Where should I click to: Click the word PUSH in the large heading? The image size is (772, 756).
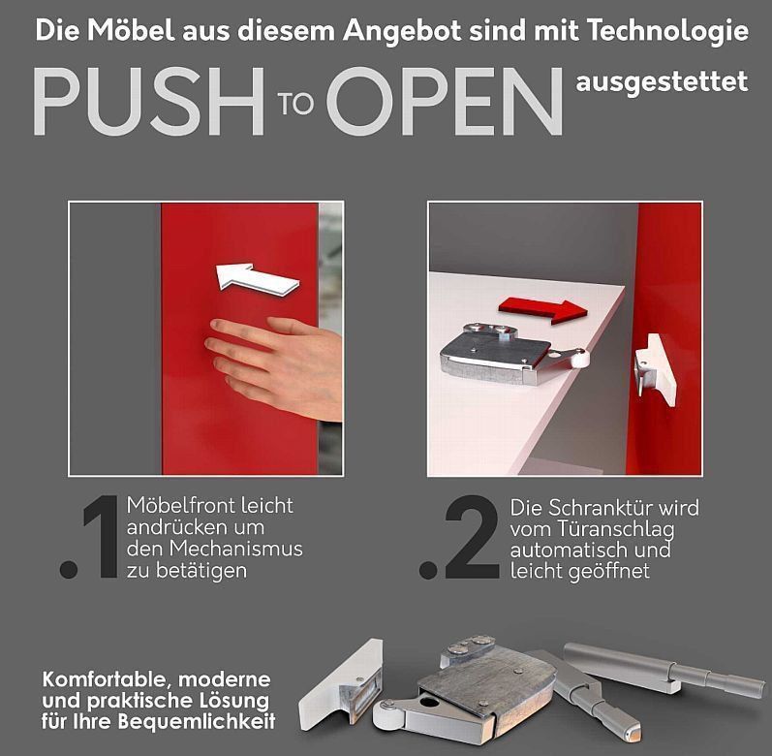tap(149, 102)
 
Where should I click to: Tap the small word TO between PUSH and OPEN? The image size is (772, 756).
tap(295, 104)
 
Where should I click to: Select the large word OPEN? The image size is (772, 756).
tap(444, 102)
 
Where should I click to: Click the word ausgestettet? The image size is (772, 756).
tap(662, 82)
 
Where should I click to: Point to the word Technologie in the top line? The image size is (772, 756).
tap(667, 32)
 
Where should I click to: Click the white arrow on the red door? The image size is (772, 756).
tap(257, 279)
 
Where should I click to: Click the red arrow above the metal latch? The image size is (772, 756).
tap(543, 310)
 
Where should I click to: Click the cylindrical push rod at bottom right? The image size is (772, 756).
tap(664, 669)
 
